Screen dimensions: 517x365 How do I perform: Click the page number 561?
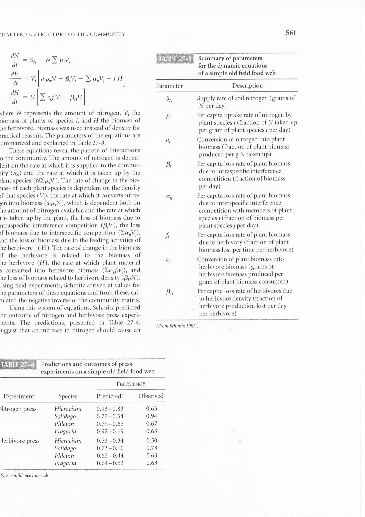(x=291, y=33)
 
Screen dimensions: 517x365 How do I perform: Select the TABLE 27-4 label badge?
(x=18, y=364)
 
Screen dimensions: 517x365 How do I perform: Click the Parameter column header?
(x=169, y=86)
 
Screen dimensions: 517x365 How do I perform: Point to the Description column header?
(x=247, y=86)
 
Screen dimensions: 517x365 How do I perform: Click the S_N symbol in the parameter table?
(x=169, y=99)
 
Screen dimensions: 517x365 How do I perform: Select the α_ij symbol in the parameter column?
(x=169, y=197)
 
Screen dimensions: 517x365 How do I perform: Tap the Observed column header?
(x=151, y=396)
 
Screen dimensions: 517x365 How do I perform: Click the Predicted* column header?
(x=110, y=396)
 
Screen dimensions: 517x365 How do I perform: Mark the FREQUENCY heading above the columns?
(x=131, y=384)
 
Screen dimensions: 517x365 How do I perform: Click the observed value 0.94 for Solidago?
(x=152, y=416)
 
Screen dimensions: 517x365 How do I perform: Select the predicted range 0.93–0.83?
(x=110, y=409)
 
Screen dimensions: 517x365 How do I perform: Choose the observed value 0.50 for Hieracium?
(x=152, y=441)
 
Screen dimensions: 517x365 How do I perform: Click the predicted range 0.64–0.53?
(x=110, y=463)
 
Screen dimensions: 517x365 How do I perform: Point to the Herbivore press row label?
(x=20, y=441)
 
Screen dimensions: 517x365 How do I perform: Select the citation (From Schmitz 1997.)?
(x=177, y=326)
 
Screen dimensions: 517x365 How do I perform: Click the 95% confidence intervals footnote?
(x=25, y=475)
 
